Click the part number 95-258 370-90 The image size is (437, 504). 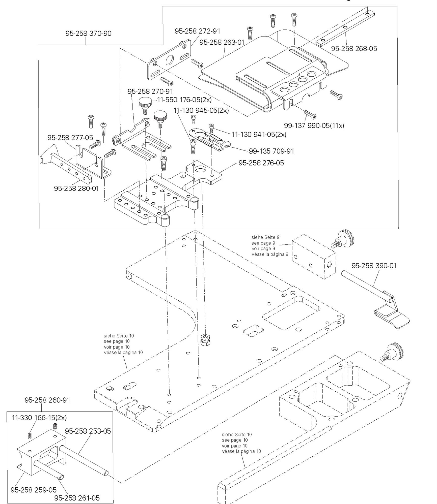(x=88, y=34)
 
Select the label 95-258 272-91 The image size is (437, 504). (x=197, y=31)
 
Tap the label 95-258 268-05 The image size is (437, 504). (x=354, y=49)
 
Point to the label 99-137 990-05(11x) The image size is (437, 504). (x=314, y=125)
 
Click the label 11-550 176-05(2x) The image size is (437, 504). (x=184, y=100)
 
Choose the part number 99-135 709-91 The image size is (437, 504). (x=271, y=151)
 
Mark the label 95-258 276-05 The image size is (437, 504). (x=261, y=163)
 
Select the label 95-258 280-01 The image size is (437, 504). (x=76, y=188)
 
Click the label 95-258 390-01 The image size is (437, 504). (x=374, y=266)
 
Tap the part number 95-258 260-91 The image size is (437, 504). (x=47, y=400)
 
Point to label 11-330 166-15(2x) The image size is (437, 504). (x=39, y=418)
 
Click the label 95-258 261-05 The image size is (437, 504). (x=77, y=498)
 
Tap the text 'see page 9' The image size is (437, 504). (x=263, y=243)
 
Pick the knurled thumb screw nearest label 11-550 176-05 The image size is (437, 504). (x=145, y=103)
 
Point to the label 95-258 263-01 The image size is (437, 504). (x=222, y=42)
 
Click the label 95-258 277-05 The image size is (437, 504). (x=70, y=138)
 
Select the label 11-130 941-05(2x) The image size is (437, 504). (x=259, y=135)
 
